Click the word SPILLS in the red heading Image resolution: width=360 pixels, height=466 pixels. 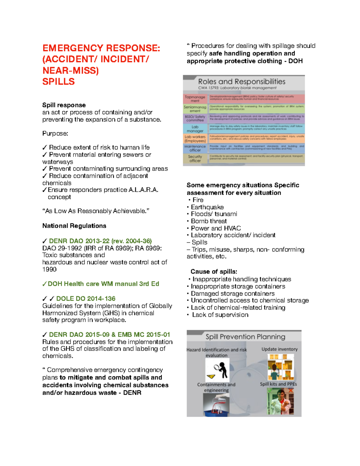(x=58, y=82)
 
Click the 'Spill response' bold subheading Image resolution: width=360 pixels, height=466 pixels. (x=64, y=105)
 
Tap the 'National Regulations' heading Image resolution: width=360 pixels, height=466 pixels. (x=74, y=226)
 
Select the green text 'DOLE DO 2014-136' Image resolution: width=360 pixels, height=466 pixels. (x=86, y=299)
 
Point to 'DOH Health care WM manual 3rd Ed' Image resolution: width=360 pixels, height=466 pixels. (x=103, y=284)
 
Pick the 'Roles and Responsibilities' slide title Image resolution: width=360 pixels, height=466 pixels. (x=241, y=82)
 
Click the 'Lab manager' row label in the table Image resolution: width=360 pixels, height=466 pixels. (x=195, y=129)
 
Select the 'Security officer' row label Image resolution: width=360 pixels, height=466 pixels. (x=195, y=158)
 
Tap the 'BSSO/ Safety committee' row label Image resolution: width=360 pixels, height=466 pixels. (x=195, y=119)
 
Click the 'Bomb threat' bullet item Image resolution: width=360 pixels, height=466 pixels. (x=208, y=221)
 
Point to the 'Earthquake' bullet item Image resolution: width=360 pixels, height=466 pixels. (x=207, y=207)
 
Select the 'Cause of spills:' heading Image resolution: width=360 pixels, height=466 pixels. (x=214, y=272)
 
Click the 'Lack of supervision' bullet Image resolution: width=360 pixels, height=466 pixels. (x=220, y=315)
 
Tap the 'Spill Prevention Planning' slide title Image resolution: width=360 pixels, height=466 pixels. (x=245, y=337)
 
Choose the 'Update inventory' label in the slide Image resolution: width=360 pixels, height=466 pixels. (x=279, y=349)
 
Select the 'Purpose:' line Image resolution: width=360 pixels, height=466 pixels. (x=55, y=134)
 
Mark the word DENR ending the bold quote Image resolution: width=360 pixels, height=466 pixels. (x=132, y=393)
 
